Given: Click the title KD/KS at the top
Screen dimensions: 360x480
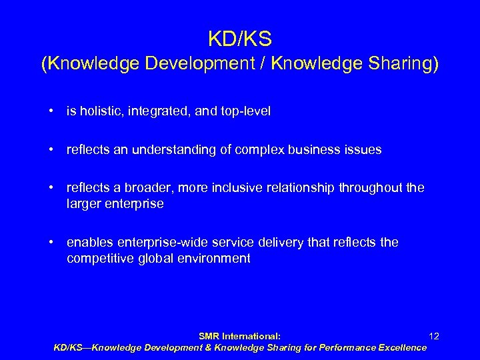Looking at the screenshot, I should click(x=239, y=39).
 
